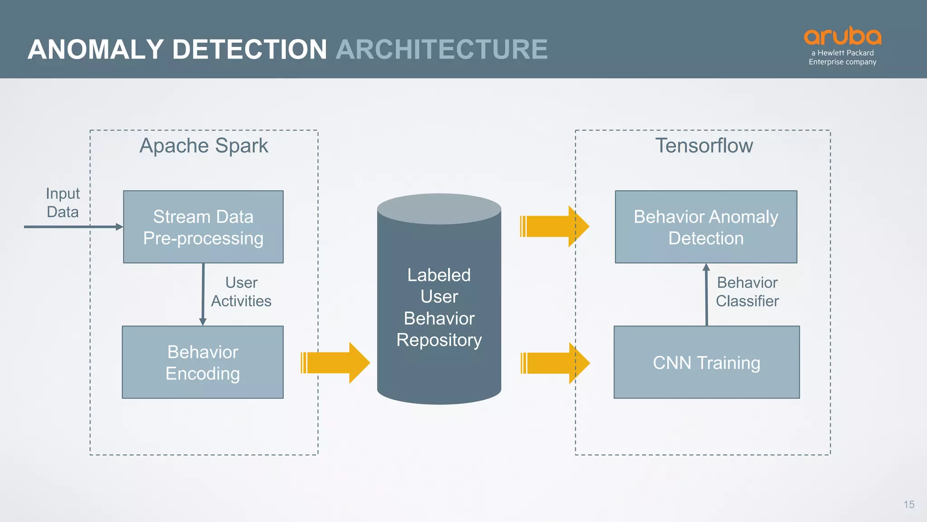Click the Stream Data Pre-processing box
pos(203,227)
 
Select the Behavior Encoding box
pos(203,362)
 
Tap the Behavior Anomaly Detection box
pos(706,227)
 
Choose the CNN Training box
pos(706,362)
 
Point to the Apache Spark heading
pos(204,145)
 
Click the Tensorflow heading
pos(704,145)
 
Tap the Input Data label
pos(62,203)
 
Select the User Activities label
pos(241,292)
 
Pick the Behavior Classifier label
pos(747,292)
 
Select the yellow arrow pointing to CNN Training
pos(555,363)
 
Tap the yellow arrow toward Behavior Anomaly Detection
pos(554,226)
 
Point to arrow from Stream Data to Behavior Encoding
pos(203,295)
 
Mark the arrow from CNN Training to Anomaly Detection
pos(707,295)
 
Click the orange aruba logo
pos(842,36)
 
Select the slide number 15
pos(909,504)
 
